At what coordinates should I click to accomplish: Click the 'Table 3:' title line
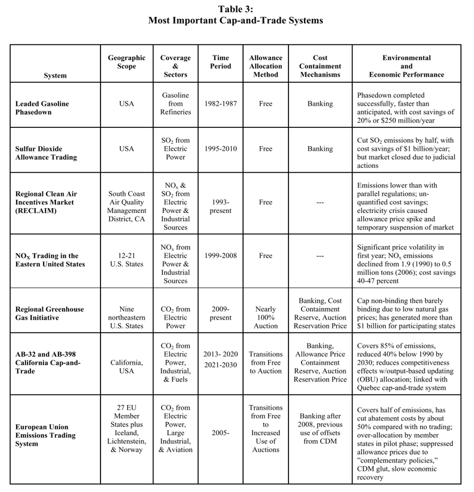tap(236, 9)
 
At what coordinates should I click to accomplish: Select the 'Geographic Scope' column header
tap(127, 62)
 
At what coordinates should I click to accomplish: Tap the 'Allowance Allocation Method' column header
tap(266, 66)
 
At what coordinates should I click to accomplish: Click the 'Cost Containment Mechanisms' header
tap(320, 66)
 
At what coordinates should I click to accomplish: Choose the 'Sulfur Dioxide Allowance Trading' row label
tap(46, 153)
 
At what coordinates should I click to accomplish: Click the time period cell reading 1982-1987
tap(221, 104)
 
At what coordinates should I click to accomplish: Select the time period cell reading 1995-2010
tap(221, 148)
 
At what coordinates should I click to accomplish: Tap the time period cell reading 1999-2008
tap(221, 255)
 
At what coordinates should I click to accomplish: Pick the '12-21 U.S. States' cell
tap(127, 260)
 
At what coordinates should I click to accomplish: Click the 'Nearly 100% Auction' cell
tap(266, 317)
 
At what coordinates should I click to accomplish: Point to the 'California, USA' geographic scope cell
tap(127, 367)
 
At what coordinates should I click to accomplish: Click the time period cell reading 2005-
tap(221, 433)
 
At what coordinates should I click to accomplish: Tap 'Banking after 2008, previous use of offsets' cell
tap(320, 429)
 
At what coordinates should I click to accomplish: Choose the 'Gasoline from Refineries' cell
tap(176, 104)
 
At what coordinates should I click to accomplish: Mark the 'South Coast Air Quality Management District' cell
tap(127, 206)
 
